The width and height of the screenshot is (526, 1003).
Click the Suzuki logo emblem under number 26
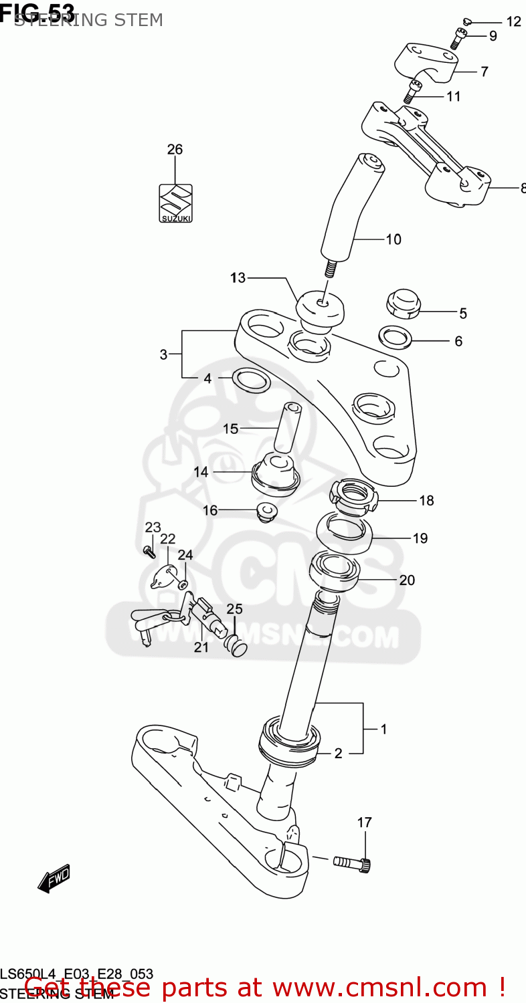tap(175, 203)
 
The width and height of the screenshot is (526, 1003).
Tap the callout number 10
tap(393, 239)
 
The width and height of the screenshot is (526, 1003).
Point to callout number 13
tap(238, 278)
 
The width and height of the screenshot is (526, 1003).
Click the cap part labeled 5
tap(403, 303)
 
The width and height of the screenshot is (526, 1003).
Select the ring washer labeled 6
tap(395, 337)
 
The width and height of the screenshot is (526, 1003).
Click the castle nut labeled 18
tap(353, 497)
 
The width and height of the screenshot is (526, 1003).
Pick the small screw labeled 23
tap(149, 552)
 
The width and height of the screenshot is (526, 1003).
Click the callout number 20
tap(407, 580)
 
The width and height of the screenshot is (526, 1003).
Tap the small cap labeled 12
tap(468, 21)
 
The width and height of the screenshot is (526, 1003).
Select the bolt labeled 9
tap(458, 39)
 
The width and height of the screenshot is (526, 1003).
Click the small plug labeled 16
tap(268, 514)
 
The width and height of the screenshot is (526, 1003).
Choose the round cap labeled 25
tap(238, 646)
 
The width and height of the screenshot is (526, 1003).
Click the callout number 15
tap(231, 429)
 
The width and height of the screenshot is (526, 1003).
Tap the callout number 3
tap(163, 354)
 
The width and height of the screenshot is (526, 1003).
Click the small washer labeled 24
tap(183, 584)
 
